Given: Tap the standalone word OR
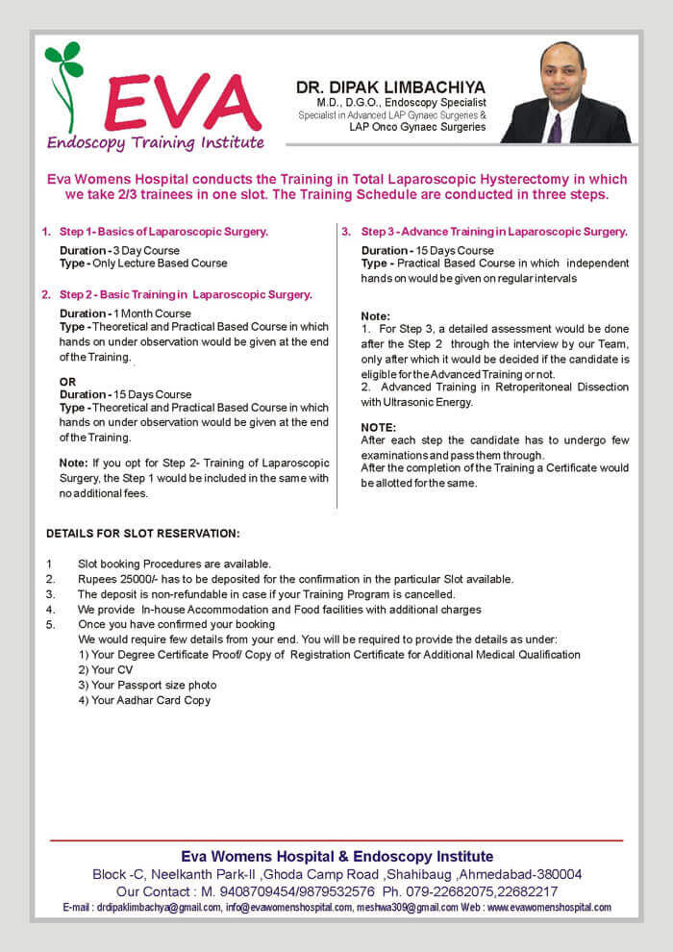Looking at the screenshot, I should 67,382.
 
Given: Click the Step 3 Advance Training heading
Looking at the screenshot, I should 494,232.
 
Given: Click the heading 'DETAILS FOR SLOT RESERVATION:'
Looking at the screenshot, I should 143,534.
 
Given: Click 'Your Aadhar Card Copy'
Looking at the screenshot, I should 144,700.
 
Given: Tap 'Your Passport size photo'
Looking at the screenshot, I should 147,685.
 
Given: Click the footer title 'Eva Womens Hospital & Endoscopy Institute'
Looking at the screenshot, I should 336,856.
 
